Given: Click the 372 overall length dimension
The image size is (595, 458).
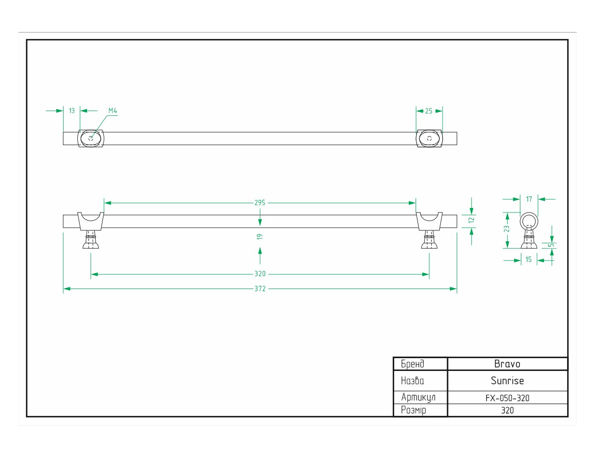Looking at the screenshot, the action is (x=260, y=289).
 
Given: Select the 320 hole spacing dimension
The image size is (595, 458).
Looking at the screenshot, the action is (x=260, y=274).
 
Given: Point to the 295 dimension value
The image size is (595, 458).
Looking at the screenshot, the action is (x=260, y=203).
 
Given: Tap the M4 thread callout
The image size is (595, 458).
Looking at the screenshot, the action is (x=113, y=111).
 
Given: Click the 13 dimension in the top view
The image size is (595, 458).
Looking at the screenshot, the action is (x=72, y=111).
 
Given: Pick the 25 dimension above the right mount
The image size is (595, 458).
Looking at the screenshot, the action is (x=429, y=111).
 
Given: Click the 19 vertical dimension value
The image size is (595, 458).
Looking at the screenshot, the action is (x=260, y=237).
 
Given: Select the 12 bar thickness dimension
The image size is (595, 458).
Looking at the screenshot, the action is (x=471, y=220).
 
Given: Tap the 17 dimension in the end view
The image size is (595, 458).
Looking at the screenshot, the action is (x=529, y=199).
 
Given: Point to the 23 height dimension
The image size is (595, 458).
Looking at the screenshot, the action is (x=507, y=229).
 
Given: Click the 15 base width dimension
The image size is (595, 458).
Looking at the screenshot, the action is (x=529, y=259).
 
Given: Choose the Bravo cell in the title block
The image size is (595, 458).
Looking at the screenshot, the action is (x=507, y=364).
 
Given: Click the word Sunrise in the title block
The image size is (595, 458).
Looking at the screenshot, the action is (x=507, y=381).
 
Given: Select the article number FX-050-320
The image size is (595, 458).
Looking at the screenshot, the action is (x=508, y=398).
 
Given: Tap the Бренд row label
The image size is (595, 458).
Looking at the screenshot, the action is (x=413, y=364).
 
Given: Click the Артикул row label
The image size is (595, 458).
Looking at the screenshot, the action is (x=418, y=398).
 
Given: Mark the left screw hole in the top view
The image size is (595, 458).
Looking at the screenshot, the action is (x=91, y=139).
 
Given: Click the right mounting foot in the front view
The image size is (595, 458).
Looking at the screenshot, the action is (x=429, y=240).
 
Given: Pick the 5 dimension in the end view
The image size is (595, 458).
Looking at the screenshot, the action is (x=552, y=245).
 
